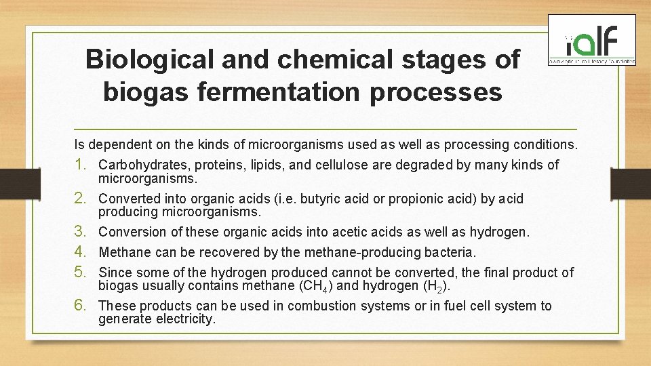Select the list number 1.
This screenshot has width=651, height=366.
pyautogui.click(x=82, y=164)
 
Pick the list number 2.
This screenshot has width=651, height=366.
pyautogui.click(x=82, y=198)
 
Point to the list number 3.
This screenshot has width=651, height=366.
pyautogui.click(x=82, y=232)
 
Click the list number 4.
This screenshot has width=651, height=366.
pyautogui.click(x=82, y=252)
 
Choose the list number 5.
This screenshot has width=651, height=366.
pyautogui.click(x=82, y=272)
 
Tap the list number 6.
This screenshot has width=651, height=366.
pyautogui.click(x=82, y=306)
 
